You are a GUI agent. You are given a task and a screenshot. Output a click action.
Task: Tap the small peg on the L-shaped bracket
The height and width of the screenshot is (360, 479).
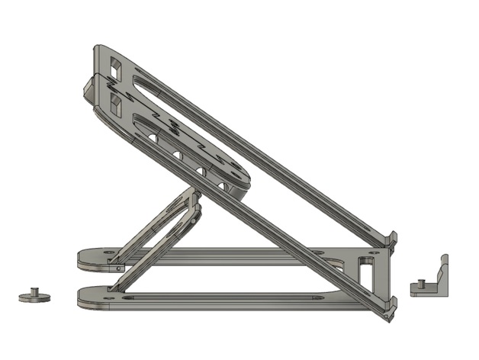[415, 287]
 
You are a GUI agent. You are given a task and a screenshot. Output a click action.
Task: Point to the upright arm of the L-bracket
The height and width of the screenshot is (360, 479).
[442, 268]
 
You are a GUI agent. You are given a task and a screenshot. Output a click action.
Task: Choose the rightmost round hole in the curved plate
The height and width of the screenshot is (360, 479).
[224, 185]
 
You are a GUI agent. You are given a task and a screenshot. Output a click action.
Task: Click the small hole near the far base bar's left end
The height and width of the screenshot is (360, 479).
[108, 252]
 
